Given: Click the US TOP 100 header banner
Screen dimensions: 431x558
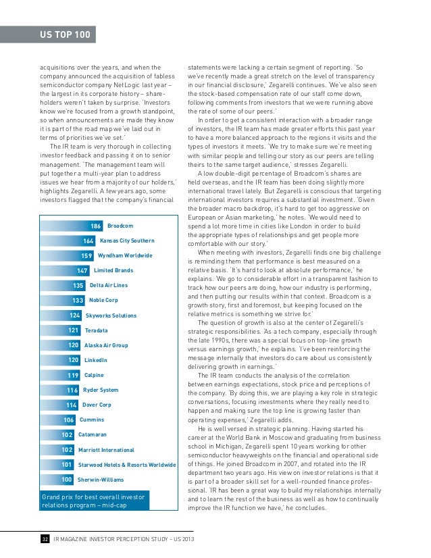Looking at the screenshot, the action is click(48, 34).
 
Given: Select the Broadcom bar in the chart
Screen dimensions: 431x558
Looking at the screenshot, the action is click(72, 226).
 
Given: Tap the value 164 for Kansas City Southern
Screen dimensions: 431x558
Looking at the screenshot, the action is click(88, 241).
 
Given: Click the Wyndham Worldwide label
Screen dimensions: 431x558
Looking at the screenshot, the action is click(125, 255).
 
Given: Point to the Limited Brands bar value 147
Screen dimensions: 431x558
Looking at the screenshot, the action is click(82, 270).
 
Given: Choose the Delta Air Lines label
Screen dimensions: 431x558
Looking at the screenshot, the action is click(109, 285).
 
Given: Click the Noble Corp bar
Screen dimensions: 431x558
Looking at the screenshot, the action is click(63, 301).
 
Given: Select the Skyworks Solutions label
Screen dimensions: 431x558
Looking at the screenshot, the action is click(111, 315).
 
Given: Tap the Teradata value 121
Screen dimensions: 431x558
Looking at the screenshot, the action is click(74, 330).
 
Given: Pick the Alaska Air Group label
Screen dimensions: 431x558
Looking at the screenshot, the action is click(106, 345).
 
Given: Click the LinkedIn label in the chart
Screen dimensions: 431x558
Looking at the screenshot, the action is click(96, 360).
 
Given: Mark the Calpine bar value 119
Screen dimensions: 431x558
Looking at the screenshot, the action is click(73, 375).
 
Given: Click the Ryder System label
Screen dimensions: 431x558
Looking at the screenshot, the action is click(101, 390).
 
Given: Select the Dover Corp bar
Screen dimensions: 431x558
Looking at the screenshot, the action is click(59, 405).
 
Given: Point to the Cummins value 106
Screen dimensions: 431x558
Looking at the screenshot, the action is click(69, 420).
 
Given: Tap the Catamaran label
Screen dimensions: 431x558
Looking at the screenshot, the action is click(92, 434).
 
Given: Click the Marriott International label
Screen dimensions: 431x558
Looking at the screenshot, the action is click(106, 450).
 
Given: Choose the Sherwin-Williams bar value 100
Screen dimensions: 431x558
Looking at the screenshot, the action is click(67, 480).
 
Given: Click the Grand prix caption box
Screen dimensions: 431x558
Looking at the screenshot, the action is click(95, 501).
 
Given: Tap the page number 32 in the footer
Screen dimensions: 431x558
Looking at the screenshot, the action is click(45, 539).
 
